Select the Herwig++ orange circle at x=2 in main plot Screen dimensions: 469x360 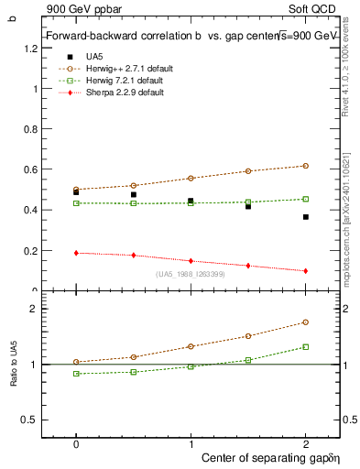306,166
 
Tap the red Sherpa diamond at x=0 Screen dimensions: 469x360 76,253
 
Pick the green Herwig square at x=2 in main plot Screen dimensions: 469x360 306,199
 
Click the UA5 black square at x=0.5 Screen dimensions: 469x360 134,195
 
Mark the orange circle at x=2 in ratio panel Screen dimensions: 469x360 306,322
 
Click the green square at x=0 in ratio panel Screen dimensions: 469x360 76,374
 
